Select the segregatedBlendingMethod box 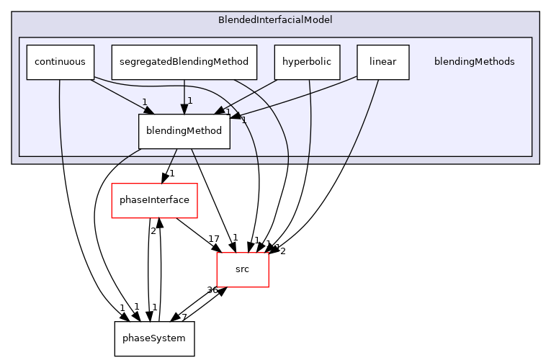[184, 62]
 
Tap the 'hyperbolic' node [307, 62]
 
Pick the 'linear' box [382, 62]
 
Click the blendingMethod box [184, 131]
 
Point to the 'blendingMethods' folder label [474, 62]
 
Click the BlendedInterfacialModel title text [275, 19]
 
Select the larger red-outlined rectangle [154, 201]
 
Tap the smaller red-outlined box [243, 270]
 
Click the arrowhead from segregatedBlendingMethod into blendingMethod [184, 109]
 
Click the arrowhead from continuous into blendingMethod [148, 110]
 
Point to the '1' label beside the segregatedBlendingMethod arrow [190, 101]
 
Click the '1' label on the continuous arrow [144, 102]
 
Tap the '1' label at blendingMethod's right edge [243, 120]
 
